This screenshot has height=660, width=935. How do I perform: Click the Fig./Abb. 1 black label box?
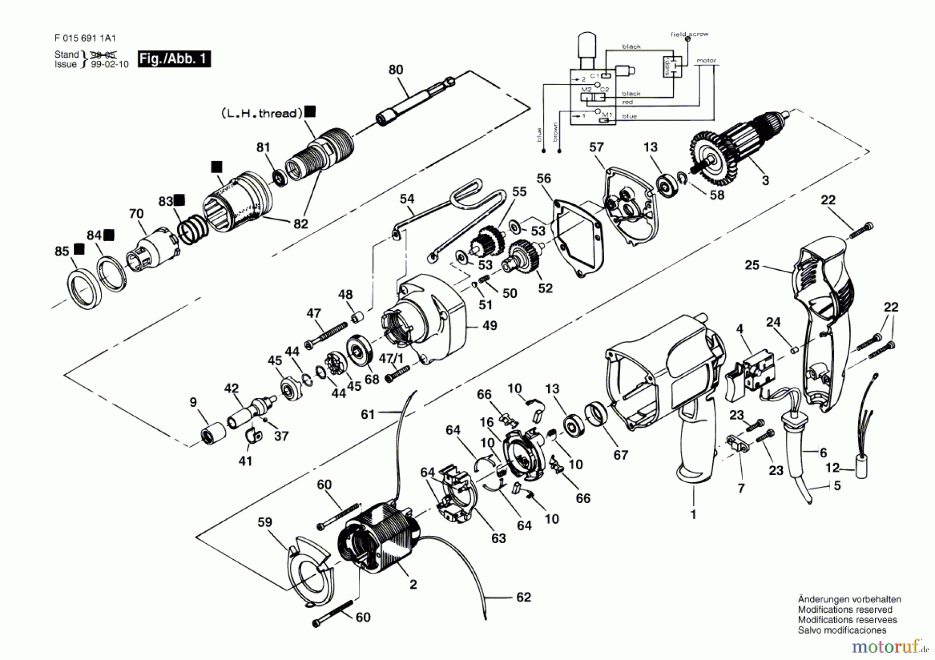pyautogui.click(x=174, y=58)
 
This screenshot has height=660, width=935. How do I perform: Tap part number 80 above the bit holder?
pyautogui.click(x=396, y=70)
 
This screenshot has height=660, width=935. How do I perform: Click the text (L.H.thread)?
pyautogui.click(x=262, y=113)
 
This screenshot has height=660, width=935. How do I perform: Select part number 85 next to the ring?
pyautogui.click(x=62, y=252)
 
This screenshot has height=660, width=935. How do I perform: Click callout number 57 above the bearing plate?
pyautogui.click(x=596, y=148)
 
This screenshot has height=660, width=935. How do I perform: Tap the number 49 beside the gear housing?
pyautogui.click(x=489, y=326)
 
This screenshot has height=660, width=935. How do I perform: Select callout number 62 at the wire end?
pyautogui.click(x=524, y=598)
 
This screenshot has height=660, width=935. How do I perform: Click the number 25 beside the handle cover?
pyautogui.click(x=752, y=266)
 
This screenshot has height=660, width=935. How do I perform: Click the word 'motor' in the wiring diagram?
pyautogui.click(x=706, y=60)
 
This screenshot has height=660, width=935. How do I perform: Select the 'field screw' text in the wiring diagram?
pyautogui.click(x=689, y=34)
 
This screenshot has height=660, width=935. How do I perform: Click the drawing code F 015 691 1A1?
pyautogui.click(x=85, y=38)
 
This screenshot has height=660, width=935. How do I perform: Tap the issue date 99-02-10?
pyautogui.click(x=110, y=64)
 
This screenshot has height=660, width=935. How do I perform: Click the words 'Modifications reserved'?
pyautogui.click(x=845, y=610)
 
